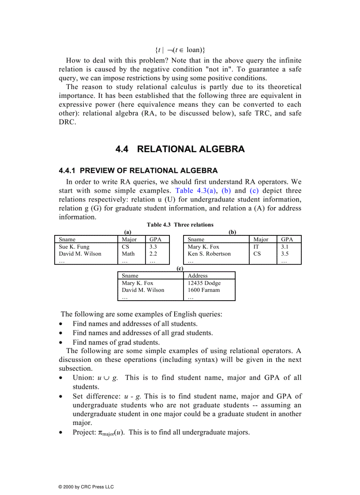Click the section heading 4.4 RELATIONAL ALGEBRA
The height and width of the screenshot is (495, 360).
(x=180, y=149)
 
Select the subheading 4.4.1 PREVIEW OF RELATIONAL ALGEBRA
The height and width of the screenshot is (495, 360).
(x=138, y=171)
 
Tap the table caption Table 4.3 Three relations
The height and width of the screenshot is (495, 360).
(x=180, y=225)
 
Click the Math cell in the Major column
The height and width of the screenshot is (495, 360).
(x=128, y=253)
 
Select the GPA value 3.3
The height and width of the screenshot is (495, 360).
(x=153, y=247)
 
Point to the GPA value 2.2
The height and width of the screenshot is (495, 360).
(x=153, y=253)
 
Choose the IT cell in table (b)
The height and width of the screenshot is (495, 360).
(x=256, y=247)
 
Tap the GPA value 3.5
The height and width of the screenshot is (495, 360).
(x=285, y=253)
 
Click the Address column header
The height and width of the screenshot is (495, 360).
(x=198, y=275)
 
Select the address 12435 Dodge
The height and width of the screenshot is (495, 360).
(x=204, y=283)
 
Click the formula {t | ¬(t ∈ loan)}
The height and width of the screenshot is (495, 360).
(x=180, y=50)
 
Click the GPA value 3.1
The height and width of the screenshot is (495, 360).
(x=285, y=247)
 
